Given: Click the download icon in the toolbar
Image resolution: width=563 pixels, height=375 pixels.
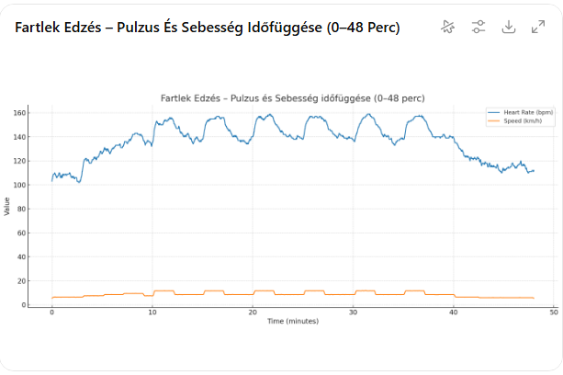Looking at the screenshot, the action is tap(509, 27).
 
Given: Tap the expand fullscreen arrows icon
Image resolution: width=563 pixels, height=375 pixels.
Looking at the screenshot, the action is tap(538, 27).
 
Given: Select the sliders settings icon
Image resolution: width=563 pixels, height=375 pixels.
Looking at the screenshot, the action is tap(479, 27).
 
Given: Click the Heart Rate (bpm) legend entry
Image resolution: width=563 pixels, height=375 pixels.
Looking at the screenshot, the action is tap(520, 112).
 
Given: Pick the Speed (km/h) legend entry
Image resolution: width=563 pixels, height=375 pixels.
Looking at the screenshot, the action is tap(514, 120).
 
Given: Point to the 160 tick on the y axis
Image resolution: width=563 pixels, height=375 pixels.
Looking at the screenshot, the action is tap(19, 113).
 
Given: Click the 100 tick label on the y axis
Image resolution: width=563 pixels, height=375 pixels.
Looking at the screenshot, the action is tap(19, 185).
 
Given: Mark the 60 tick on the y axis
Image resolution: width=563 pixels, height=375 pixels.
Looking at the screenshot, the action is tap(21, 233).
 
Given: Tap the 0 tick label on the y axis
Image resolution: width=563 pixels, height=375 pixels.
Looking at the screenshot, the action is tap(24, 305).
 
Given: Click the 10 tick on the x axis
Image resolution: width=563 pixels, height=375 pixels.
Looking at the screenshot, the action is tap(152, 312).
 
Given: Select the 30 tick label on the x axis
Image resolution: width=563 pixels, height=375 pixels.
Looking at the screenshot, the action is tap(353, 312).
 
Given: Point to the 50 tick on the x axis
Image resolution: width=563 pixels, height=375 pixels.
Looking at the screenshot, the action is tap(554, 312).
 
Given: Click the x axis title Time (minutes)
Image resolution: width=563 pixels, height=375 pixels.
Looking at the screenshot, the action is tap(293, 321).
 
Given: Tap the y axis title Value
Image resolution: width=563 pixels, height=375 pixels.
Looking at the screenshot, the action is tap(6, 207).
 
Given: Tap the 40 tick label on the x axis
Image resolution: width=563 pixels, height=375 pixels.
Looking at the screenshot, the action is tap(454, 312).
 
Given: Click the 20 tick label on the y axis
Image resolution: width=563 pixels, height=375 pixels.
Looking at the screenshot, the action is tap(21, 281).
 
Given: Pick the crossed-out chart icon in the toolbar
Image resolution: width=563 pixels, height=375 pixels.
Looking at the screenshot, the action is tap(448, 27).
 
